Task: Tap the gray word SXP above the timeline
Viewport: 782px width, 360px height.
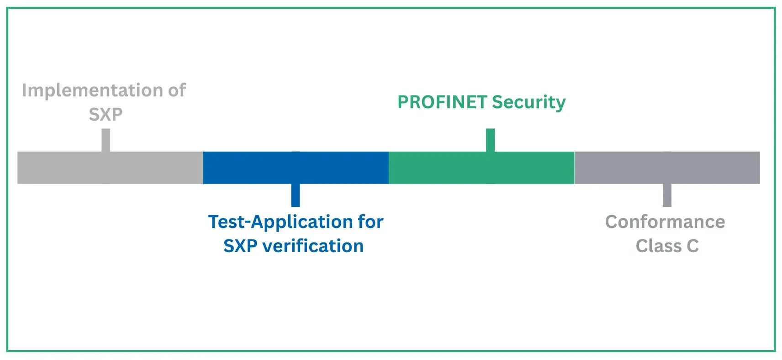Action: [106, 114]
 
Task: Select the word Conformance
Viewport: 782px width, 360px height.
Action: [665, 222]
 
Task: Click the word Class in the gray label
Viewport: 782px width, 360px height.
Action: [658, 246]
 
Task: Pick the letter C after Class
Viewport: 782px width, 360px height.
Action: [692, 246]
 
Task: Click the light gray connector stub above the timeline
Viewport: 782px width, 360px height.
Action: [106, 140]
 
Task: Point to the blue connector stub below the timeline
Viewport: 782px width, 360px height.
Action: [296, 195]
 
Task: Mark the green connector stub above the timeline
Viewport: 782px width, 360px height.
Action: [490, 140]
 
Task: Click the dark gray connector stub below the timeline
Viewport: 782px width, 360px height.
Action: [667, 195]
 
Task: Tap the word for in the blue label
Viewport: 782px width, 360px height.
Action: [370, 222]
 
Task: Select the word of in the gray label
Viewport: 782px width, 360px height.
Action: [177, 90]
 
